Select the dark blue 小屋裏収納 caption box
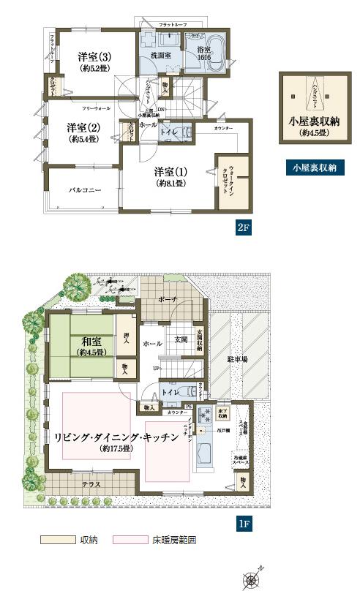click(314, 168)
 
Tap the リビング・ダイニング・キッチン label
click(116, 437)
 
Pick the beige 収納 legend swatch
click(59, 540)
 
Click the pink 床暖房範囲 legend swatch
click(130, 540)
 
